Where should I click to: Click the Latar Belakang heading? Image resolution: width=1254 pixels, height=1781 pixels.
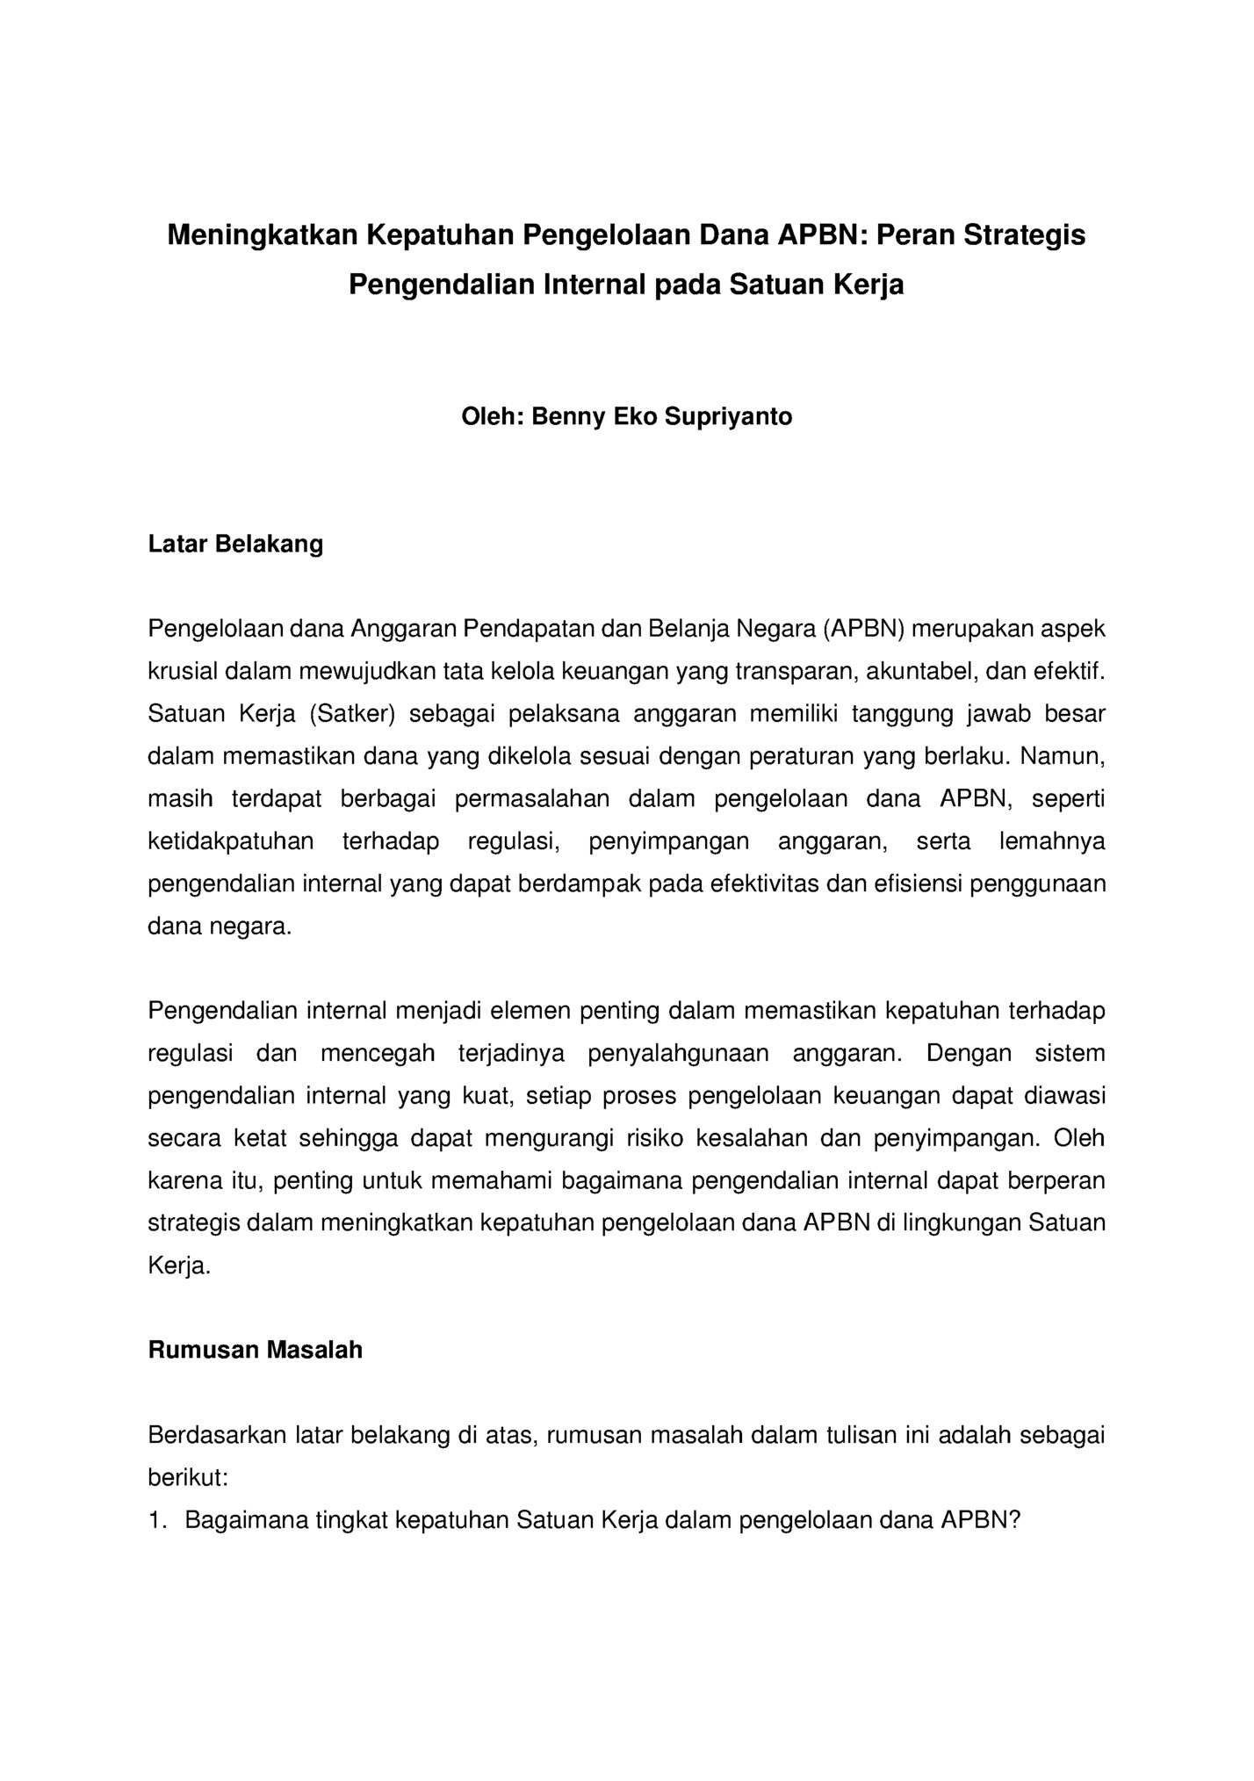(x=235, y=544)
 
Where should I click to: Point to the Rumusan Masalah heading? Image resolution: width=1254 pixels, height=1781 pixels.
(x=255, y=1350)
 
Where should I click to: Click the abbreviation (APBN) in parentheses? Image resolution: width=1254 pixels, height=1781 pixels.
(x=863, y=629)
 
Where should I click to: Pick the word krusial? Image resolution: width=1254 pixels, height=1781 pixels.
(x=183, y=672)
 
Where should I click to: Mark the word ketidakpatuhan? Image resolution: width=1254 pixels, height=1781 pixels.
(x=230, y=841)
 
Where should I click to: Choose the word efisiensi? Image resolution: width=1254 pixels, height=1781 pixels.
(x=918, y=883)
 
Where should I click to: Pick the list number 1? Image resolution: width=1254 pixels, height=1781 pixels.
(x=156, y=1520)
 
